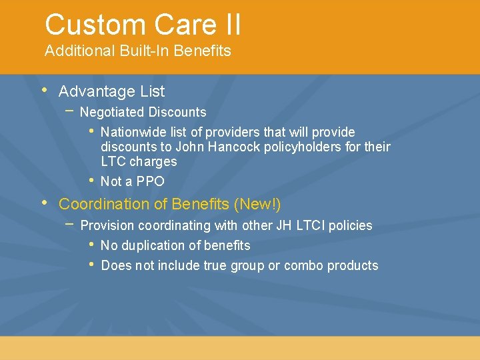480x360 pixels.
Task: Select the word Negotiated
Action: (111, 112)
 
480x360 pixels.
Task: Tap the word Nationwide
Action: (132, 132)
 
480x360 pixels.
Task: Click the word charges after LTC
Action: (153, 161)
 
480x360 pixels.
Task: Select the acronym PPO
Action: (150, 181)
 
